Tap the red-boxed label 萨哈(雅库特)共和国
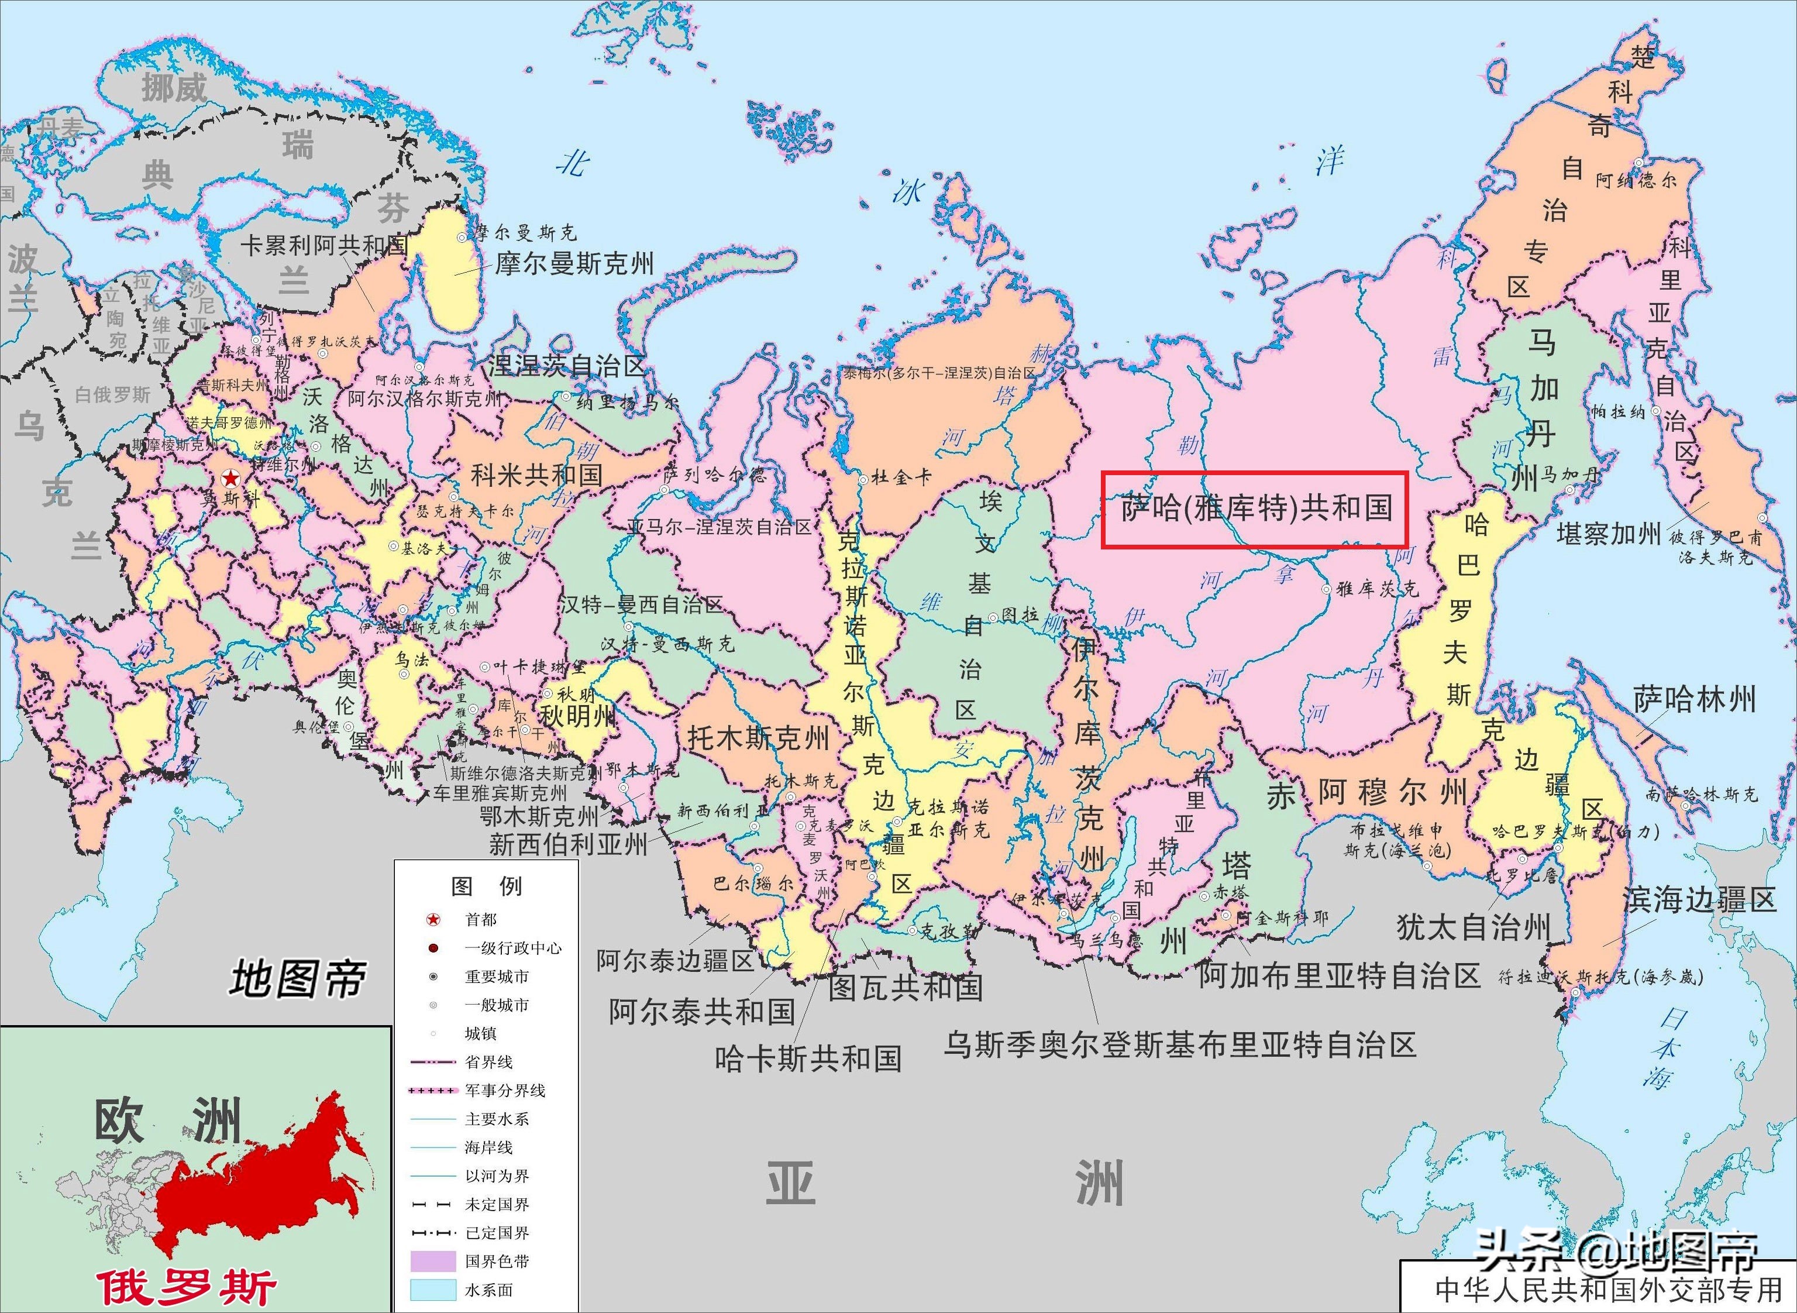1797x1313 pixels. [1254, 508]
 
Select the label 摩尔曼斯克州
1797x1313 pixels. [574, 264]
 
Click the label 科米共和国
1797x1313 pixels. [536, 475]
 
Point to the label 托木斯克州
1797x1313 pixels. [758, 738]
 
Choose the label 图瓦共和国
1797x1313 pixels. [905, 988]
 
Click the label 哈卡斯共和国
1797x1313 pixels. [808, 1058]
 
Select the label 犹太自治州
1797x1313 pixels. [1473, 927]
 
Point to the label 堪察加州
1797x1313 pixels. [1608, 534]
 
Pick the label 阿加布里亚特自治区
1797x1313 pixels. [1340, 976]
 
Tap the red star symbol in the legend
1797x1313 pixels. [433, 920]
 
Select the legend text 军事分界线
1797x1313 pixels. [505, 1091]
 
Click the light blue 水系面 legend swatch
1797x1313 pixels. [433, 1289]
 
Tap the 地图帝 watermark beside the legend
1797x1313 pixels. [298, 978]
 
